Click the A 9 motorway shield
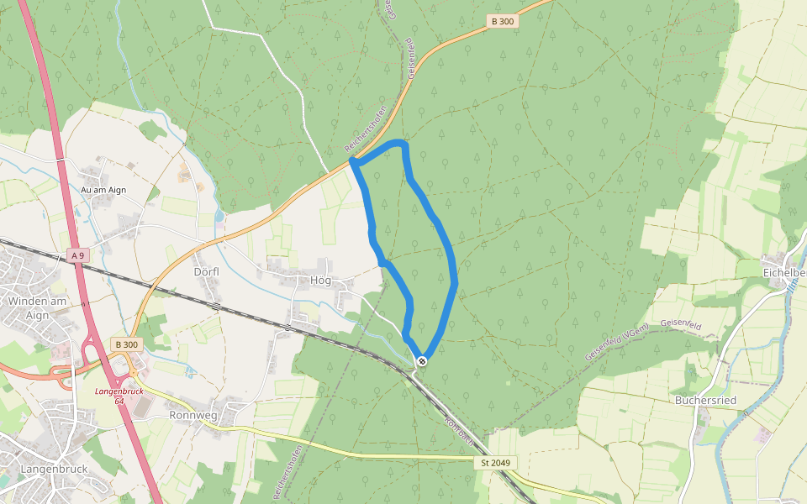tap(77, 255)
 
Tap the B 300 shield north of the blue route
tap(501, 21)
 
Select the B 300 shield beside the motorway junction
tap(126, 344)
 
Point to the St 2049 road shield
tap(495, 463)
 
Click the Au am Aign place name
tap(103, 190)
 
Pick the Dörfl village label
tap(207, 271)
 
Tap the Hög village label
tap(320, 280)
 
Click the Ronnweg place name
tap(193, 415)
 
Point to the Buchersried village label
tap(705, 401)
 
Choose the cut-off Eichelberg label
tap(783, 273)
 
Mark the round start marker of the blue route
tap(422, 361)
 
